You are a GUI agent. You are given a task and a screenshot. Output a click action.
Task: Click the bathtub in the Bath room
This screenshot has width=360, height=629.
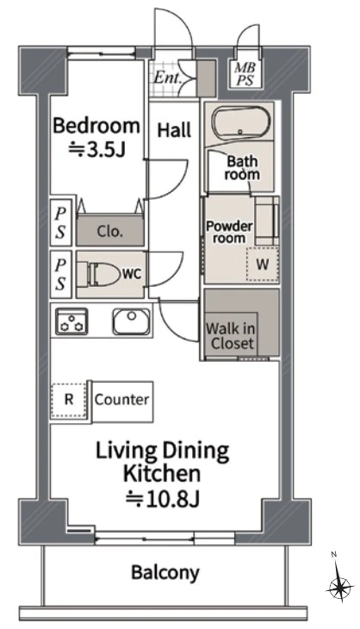(241, 123)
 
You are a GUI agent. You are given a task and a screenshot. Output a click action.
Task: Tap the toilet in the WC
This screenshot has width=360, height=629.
(99, 275)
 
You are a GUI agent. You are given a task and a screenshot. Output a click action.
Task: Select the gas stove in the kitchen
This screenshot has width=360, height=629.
(72, 321)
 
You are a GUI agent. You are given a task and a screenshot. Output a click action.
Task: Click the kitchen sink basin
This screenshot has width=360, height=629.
(132, 321)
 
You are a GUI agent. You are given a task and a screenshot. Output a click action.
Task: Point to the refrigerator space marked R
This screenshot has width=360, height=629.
(69, 400)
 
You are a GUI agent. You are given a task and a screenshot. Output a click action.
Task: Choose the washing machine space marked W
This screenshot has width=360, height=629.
(263, 265)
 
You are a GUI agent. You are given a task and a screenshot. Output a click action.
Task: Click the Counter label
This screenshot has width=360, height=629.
(122, 400)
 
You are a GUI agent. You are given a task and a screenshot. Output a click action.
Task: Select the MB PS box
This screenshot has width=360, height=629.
(245, 75)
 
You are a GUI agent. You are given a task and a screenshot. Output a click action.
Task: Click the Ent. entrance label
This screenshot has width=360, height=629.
(168, 77)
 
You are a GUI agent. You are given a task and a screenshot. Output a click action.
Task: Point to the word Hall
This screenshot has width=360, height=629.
(174, 130)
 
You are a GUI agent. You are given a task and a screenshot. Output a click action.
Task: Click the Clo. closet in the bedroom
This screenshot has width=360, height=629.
(110, 230)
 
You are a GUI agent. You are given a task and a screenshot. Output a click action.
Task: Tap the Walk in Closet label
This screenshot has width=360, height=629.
(231, 336)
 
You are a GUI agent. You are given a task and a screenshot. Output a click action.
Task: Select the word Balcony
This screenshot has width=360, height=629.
(165, 573)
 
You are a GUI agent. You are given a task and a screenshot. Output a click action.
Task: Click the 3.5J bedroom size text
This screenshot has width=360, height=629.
(97, 150)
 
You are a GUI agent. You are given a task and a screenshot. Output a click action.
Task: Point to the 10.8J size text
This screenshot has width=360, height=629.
(163, 499)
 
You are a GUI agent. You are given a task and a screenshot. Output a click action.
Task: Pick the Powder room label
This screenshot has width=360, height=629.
(229, 233)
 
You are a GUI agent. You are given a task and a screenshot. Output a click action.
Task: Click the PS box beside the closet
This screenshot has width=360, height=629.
(60, 222)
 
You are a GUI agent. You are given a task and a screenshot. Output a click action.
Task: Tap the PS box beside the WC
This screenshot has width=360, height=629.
(60, 274)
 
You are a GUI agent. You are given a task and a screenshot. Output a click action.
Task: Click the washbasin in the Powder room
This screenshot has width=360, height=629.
(266, 221)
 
